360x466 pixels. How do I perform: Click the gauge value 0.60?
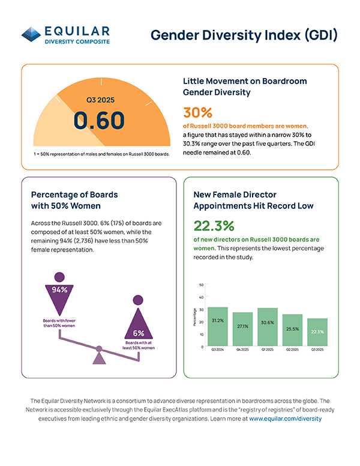(99, 120)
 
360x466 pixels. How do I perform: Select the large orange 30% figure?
(197, 113)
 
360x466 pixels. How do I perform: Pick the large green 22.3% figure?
(214, 225)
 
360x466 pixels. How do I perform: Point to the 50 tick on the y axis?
(201, 285)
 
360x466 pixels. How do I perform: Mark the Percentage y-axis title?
(194, 316)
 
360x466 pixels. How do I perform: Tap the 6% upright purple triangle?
(139, 327)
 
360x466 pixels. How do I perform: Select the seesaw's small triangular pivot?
(99, 358)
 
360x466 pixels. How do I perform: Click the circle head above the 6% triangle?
(138, 300)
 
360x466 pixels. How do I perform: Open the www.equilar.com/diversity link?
(286, 419)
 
